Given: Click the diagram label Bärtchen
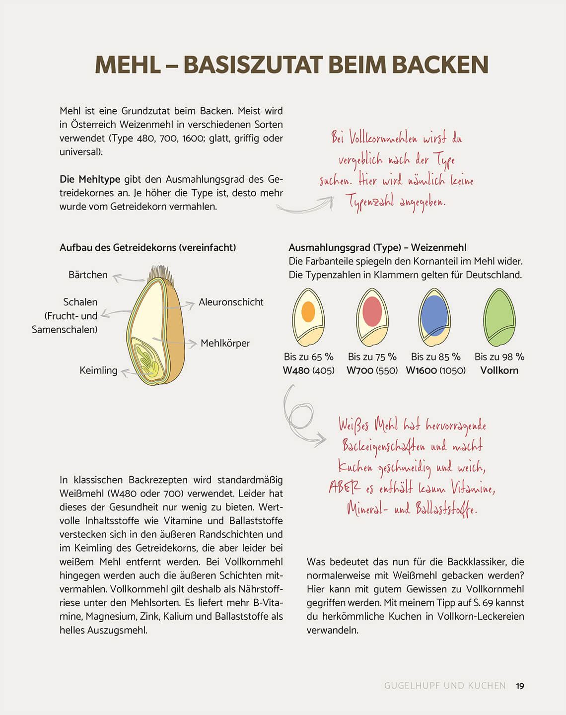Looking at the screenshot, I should pyautogui.click(x=88, y=275).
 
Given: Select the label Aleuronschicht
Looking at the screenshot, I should pyautogui.click(x=231, y=302).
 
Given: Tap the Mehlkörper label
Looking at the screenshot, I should pyautogui.click(x=225, y=343).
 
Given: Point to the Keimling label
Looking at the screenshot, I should pyautogui.click(x=98, y=370).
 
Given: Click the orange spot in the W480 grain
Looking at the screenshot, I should pyautogui.click(x=308, y=311).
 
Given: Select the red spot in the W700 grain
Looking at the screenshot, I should pyautogui.click(x=372, y=311).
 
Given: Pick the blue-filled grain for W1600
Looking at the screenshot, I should pyautogui.click(x=434, y=316).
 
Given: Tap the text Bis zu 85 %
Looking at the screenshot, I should pyautogui.click(x=435, y=357).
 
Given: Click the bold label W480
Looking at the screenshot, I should pyautogui.click(x=296, y=370).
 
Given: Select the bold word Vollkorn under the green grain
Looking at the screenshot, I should pyautogui.click(x=499, y=370).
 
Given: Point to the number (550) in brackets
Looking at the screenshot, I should pyautogui.click(x=387, y=370).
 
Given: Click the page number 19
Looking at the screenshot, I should pyautogui.click(x=520, y=686).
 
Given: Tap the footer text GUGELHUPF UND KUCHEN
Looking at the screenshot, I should pyautogui.click(x=445, y=686).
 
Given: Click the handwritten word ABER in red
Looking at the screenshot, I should pyautogui.click(x=344, y=488).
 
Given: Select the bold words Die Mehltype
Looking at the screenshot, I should pyautogui.click(x=90, y=179).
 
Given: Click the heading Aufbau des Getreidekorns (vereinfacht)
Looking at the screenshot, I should pyautogui.click(x=147, y=247).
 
